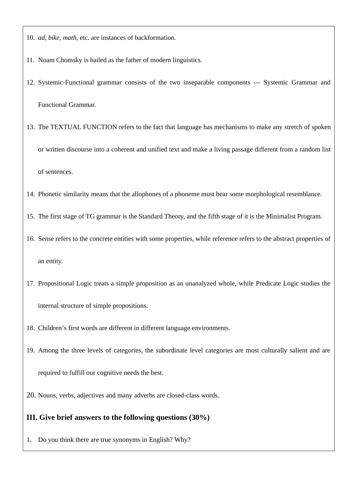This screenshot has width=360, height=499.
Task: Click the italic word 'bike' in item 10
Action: click(x=54, y=38)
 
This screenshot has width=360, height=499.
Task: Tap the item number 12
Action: click(x=30, y=83)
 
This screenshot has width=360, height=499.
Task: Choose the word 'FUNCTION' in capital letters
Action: click(x=100, y=127)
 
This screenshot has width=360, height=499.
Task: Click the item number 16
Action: click(x=30, y=239)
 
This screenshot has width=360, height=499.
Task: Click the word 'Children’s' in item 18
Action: click(x=52, y=328)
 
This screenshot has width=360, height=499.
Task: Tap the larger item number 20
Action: click(x=31, y=395)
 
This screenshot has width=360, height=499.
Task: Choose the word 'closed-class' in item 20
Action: click(x=183, y=396)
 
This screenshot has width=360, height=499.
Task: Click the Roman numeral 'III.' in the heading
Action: click(x=32, y=418)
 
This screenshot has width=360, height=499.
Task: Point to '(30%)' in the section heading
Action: click(x=199, y=418)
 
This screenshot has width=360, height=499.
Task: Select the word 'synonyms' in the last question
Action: click(x=126, y=440)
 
